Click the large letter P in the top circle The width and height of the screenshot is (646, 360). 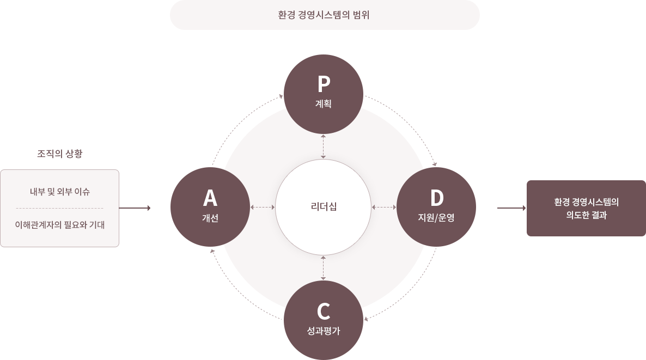(x=324, y=84)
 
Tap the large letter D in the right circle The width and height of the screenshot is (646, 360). (x=437, y=198)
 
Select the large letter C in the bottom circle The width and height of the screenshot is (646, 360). (x=324, y=312)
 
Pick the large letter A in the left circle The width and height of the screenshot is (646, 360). (x=210, y=198)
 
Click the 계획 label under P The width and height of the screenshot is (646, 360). (x=324, y=103)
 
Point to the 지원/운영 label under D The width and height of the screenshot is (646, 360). (x=436, y=217)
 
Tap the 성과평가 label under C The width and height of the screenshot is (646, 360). (x=324, y=331)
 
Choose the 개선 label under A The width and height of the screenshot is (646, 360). (x=210, y=218)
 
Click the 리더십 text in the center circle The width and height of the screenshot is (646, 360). (x=324, y=206)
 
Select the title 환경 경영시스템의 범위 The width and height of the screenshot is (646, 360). (x=324, y=15)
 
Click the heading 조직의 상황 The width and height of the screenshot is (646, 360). (x=60, y=154)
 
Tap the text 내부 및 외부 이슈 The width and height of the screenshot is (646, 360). (x=60, y=192)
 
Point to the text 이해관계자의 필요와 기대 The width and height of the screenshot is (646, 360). (x=60, y=225)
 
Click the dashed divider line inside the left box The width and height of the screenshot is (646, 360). (x=60, y=209)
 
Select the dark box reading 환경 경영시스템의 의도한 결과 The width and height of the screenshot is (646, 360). (x=586, y=208)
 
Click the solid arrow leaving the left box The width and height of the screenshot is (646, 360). (x=135, y=208)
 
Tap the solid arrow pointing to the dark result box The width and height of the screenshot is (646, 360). (x=511, y=208)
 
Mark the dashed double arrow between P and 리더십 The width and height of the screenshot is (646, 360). (x=324, y=147)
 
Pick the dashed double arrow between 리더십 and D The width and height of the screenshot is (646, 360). (x=384, y=207)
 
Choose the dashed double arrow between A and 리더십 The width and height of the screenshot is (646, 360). (x=263, y=207)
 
